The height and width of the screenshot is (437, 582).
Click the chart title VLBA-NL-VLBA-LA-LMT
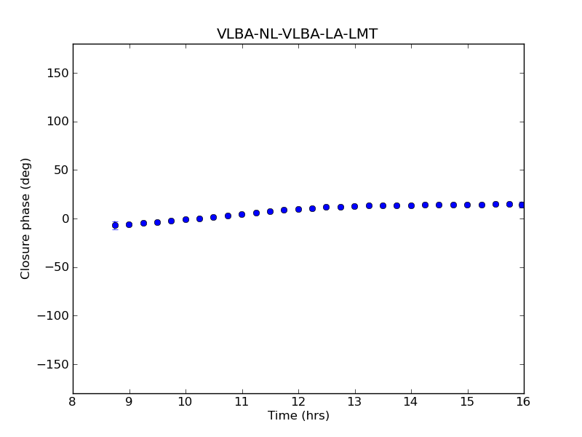tap(297, 34)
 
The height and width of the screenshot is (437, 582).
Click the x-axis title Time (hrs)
tap(298, 416)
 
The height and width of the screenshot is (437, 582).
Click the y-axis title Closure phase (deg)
tap(25, 219)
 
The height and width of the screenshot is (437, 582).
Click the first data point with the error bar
tap(115, 225)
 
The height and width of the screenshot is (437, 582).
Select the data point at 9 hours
tap(129, 224)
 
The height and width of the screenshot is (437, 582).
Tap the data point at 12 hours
tap(298, 209)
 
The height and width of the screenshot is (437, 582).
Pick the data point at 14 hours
tap(411, 205)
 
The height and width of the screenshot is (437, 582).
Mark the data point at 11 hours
tap(242, 214)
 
